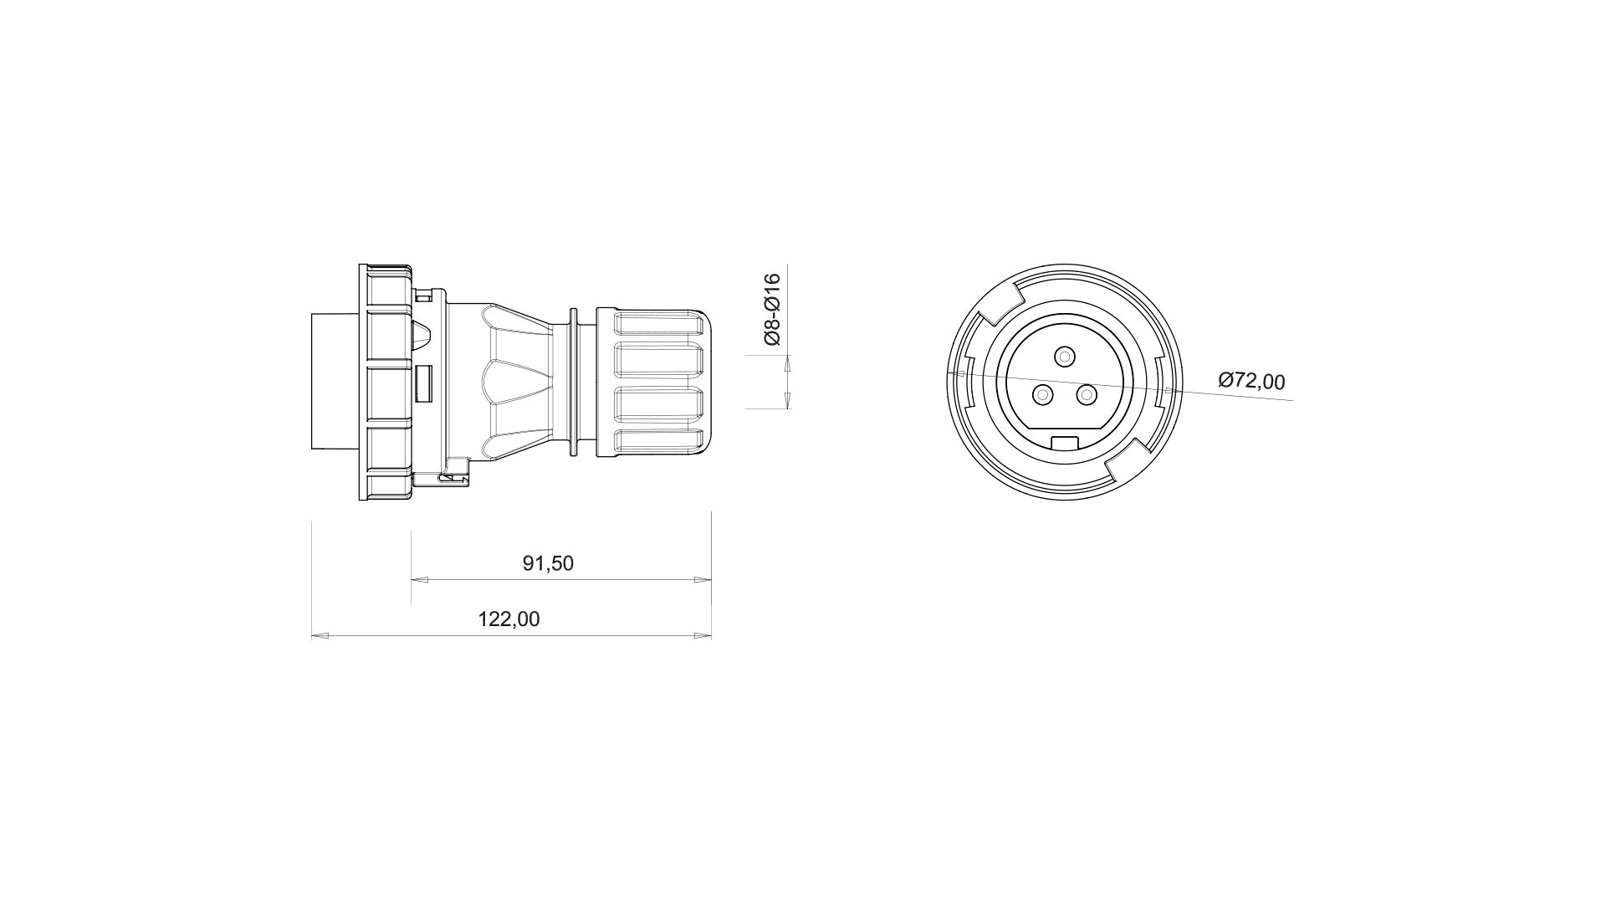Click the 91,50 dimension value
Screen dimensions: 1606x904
pos(548,563)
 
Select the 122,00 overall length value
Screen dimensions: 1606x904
pos(509,619)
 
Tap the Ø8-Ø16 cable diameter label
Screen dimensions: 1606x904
pos(771,309)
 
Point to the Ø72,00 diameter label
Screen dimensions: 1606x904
pos(1251,381)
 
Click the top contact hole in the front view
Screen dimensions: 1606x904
pos(1064,357)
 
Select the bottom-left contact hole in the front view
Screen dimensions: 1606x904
pos(1042,394)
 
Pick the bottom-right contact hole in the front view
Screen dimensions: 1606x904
pos(1087,394)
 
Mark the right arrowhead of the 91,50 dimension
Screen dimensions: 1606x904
pos(703,579)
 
